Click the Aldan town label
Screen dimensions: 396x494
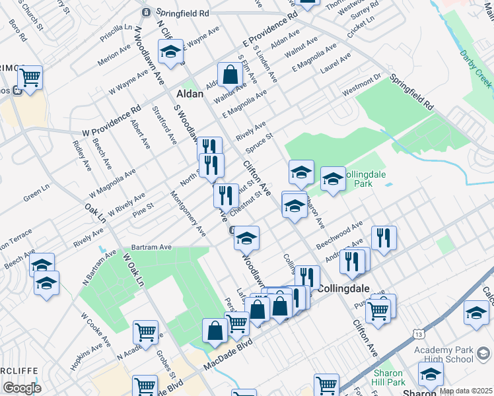pyautogui.click(x=190, y=94)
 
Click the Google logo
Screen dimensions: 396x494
pyautogui.click(x=22, y=388)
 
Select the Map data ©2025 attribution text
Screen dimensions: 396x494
pyautogui.click(x=465, y=391)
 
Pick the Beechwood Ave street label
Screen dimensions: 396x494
pyautogui.click(x=349, y=234)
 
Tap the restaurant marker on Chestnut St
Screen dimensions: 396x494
pyautogui.click(x=226, y=195)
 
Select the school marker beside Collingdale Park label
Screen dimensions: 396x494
pyautogui.click(x=333, y=179)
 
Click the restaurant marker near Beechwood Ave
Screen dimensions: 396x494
pyautogui.click(x=383, y=238)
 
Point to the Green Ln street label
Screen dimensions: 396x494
pyautogui.click(x=36, y=196)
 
